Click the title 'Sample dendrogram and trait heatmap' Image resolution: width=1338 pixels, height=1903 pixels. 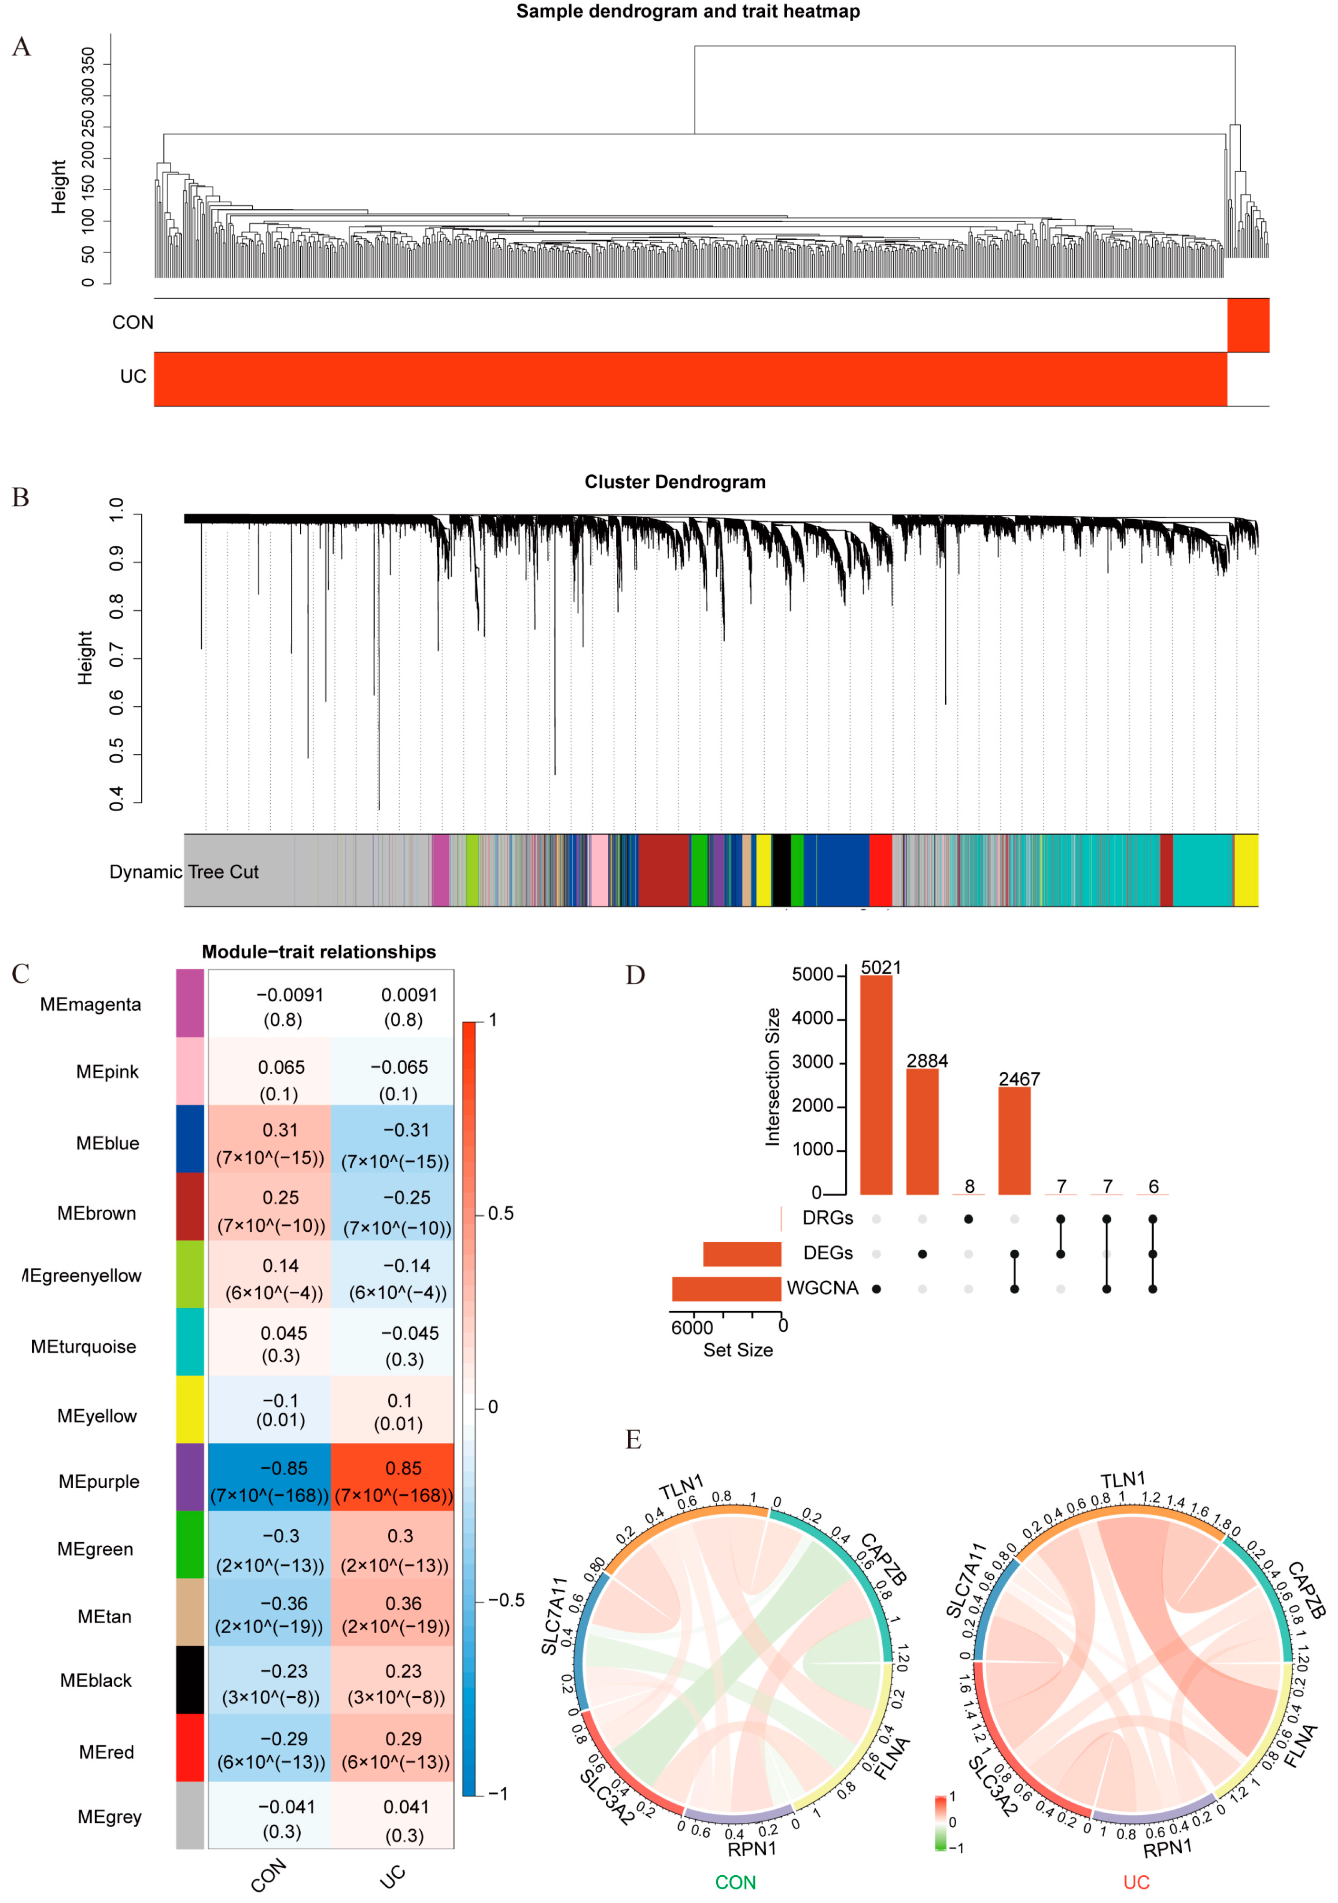[x=688, y=11]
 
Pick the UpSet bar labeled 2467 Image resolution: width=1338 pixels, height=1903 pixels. [x=1014, y=1141]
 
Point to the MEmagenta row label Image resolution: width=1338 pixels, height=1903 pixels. [x=90, y=1005]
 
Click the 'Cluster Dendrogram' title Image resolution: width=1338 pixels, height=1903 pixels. [x=675, y=482]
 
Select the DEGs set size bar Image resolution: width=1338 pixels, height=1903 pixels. [x=741, y=1254]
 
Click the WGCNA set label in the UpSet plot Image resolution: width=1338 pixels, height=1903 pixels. [x=822, y=1288]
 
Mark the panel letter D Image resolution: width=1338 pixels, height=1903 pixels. [x=634, y=976]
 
